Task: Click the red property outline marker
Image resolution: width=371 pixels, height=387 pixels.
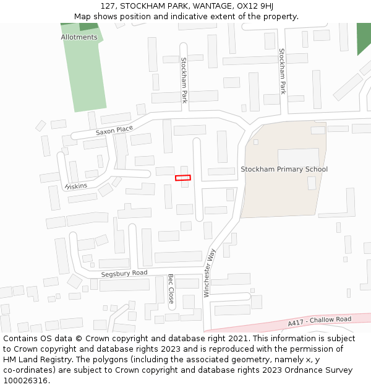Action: click(183, 178)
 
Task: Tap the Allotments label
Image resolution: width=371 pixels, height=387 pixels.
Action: click(79, 37)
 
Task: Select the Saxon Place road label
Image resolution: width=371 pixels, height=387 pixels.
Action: click(114, 130)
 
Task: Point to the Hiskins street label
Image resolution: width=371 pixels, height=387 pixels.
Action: click(76, 185)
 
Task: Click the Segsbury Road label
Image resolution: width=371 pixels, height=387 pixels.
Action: click(124, 273)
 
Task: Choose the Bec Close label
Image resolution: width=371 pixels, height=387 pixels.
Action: click(171, 288)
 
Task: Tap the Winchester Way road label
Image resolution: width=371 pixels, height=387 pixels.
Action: click(210, 272)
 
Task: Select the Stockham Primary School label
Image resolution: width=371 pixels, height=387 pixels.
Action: click(284, 169)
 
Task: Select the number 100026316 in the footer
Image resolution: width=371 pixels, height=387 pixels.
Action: click(25, 381)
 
